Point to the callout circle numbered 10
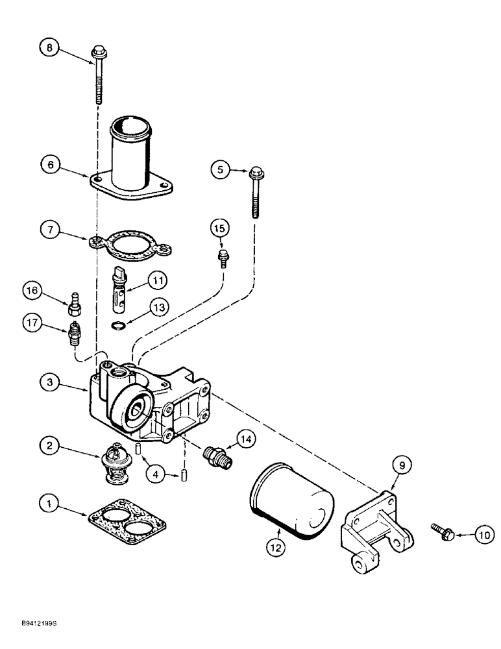[482, 535]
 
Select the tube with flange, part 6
[132, 156]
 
